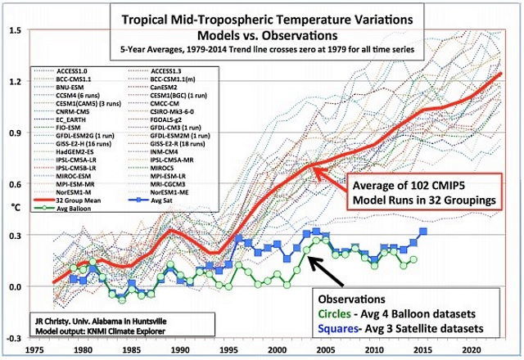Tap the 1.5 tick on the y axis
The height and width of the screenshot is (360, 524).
(15, 30)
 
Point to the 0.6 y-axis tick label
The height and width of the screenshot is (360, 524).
(15, 184)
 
